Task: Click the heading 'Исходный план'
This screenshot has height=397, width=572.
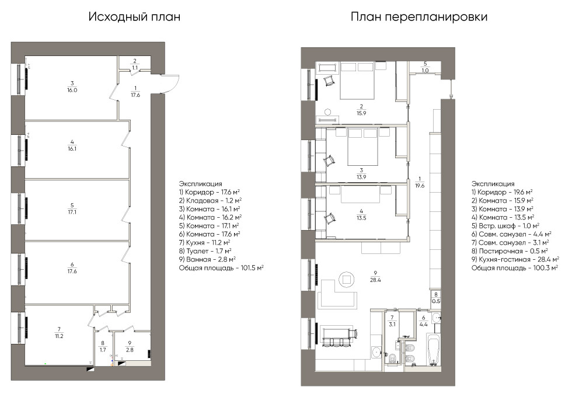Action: (x=134, y=17)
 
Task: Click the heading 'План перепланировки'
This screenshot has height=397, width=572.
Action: (x=419, y=17)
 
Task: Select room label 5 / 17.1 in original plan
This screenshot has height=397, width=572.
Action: (x=72, y=208)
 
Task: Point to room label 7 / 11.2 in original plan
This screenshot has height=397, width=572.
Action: (x=59, y=332)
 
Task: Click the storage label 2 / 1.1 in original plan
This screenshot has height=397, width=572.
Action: (x=135, y=64)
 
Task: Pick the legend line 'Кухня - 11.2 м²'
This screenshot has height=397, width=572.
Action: (x=204, y=243)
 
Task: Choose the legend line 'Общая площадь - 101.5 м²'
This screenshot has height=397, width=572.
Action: (x=221, y=268)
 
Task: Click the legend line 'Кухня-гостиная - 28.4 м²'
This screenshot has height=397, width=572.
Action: (x=515, y=259)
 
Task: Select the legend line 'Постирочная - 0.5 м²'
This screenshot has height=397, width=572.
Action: (x=510, y=251)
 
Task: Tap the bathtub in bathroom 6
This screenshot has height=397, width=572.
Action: (x=433, y=349)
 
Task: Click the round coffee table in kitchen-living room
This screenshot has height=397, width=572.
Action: (x=347, y=280)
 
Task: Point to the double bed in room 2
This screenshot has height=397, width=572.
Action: (x=357, y=81)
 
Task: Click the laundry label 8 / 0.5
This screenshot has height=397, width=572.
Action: (x=436, y=298)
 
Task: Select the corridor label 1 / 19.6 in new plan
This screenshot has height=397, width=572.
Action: (x=420, y=182)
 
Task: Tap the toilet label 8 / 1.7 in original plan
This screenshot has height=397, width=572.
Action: (x=103, y=346)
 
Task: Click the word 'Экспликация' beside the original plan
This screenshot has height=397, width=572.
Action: (x=200, y=183)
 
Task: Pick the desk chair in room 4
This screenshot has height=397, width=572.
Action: (x=330, y=218)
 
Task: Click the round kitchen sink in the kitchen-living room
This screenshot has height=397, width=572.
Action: (x=376, y=352)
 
